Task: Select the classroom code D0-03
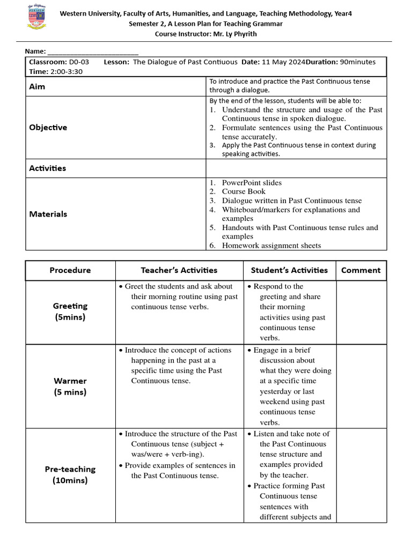click(x=79, y=62)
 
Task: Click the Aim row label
click(x=37, y=86)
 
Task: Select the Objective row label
click(x=48, y=128)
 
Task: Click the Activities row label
click(x=48, y=168)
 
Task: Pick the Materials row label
click(x=48, y=214)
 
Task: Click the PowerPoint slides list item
click(x=252, y=183)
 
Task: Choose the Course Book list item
click(x=244, y=191)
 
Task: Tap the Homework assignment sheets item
click(x=271, y=246)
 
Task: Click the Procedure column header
click(x=70, y=270)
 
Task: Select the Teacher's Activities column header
click(x=179, y=270)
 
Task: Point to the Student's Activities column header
click(x=289, y=270)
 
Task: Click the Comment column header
click(x=360, y=270)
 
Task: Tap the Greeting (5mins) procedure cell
click(x=70, y=311)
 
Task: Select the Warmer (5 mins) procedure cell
click(x=70, y=386)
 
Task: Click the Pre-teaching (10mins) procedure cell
click(x=70, y=474)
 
